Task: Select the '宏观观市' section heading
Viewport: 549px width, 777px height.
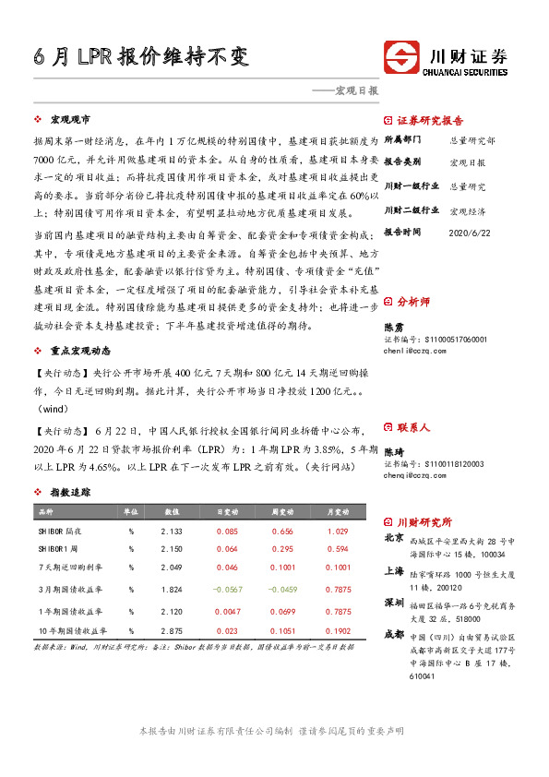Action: (69, 120)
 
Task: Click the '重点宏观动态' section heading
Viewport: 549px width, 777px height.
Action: (81, 352)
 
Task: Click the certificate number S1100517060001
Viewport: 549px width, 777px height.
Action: (435, 340)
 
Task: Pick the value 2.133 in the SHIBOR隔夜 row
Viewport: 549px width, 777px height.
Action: (171, 531)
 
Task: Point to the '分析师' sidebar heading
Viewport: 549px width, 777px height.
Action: (412, 302)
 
